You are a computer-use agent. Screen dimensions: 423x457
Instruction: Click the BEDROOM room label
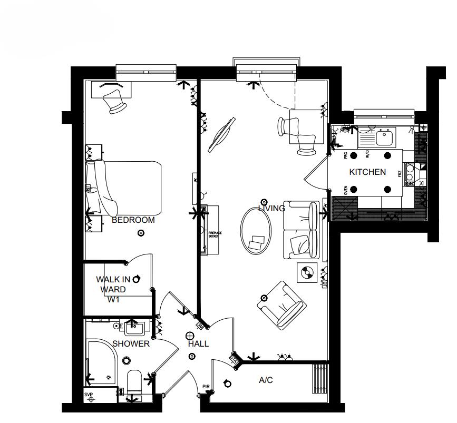click(x=133, y=220)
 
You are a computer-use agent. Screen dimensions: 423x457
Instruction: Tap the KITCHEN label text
click(x=367, y=172)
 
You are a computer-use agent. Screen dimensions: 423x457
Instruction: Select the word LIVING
click(x=271, y=209)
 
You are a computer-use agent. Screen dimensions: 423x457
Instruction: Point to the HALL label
click(x=198, y=344)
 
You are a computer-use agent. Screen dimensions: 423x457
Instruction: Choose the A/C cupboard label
click(x=266, y=380)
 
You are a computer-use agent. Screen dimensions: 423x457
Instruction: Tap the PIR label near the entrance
click(x=206, y=388)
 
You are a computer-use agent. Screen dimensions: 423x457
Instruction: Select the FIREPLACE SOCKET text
click(x=213, y=235)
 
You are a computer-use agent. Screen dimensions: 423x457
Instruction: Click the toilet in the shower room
click(x=134, y=382)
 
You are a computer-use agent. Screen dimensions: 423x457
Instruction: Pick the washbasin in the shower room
click(x=135, y=329)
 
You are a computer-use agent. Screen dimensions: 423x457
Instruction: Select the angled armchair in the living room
click(x=281, y=303)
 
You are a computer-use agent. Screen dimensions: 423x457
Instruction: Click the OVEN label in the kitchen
click(x=346, y=190)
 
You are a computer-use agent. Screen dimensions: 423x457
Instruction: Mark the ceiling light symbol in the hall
click(x=190, y=336)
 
